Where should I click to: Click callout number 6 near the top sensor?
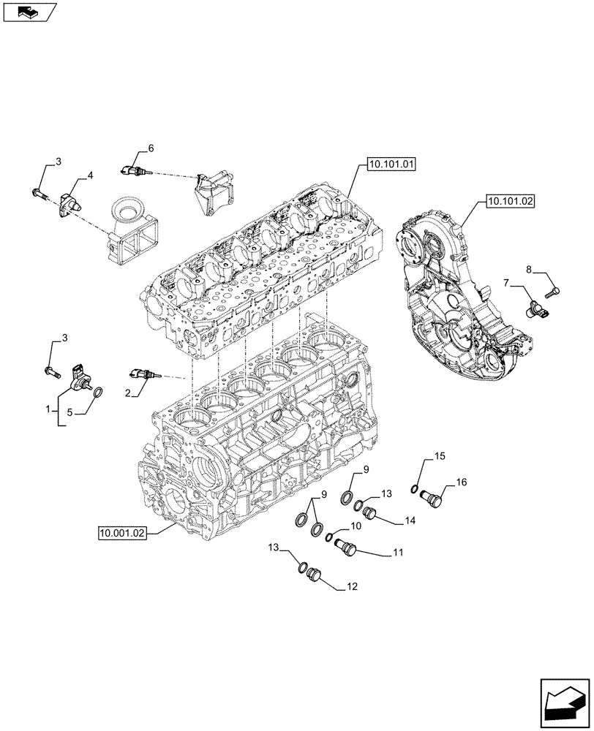tap(151, 148)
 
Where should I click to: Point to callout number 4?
tap(90, 175)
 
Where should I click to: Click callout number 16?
tap(462, 482)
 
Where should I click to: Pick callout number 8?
tap(529, 270)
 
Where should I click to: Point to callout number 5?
tap(70, 412)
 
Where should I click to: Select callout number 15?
tap(440, 457)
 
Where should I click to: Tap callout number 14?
tap(407, 520)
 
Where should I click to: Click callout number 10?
tap(356, 526)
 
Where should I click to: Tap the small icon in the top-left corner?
tap(27, 11)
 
